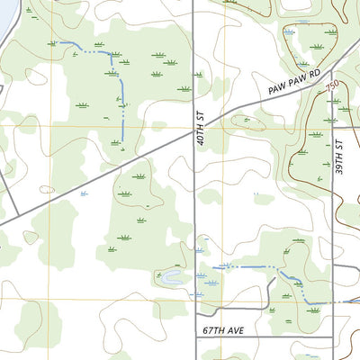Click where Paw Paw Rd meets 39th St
click(332, 71)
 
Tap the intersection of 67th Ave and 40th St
click(195, 338)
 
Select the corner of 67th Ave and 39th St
click(332, 338)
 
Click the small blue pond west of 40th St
click(169, 278)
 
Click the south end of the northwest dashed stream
click(122, 141)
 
